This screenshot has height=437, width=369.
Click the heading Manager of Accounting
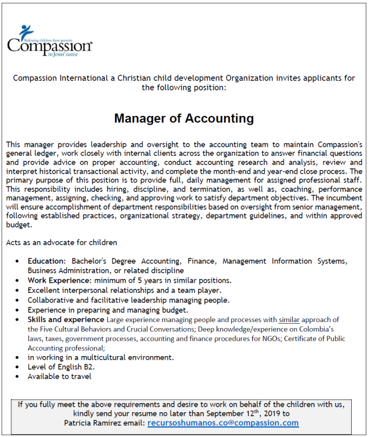[x=184, y=118]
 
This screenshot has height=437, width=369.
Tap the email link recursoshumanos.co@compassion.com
[x=223, y=424]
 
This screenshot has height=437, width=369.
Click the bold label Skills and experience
[x=66, y=319]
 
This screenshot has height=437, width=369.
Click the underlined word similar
[x=289, y=319]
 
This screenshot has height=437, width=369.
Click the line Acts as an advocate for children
[x=62, y=242]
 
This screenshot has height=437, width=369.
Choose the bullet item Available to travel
[x=59, y=377]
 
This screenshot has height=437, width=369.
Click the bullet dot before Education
[x=18, y=262]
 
